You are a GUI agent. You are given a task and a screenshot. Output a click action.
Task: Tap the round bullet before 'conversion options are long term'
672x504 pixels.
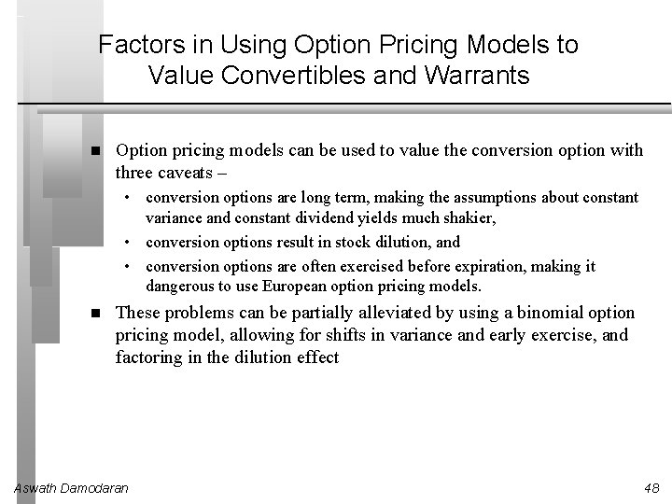pyautogui.click(x=135, y=198)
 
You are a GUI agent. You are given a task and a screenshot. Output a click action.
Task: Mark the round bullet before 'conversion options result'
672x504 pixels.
pyautogui.click(x=135, y=243)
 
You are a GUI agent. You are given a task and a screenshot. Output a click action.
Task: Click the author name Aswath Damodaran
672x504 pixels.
pyautogui.click(x=72, y=488)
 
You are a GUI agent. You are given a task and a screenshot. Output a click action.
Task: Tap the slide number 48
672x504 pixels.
pyautogui.click(x=651, y=488)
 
